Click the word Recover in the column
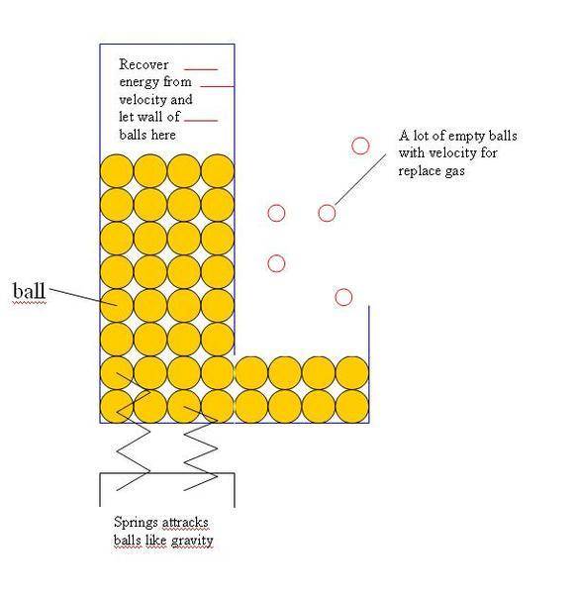(x=144, y=64)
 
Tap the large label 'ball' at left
(x=29, y=291)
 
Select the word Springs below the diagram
(x=136, y=523)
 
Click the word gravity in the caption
(x=192, y=541)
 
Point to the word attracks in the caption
(x=185, y=523)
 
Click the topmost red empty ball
(x=360, y=146)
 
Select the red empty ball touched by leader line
(x=327, y=213)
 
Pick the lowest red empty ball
(x=343, y=297)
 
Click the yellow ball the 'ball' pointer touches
(x=117, y=305)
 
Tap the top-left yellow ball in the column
(x=117, y=171)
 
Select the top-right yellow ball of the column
(x=218, y=171)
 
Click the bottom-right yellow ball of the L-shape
(x=352, y=407)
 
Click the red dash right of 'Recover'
(x=201, y=69)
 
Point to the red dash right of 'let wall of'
(x=201, y=121)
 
